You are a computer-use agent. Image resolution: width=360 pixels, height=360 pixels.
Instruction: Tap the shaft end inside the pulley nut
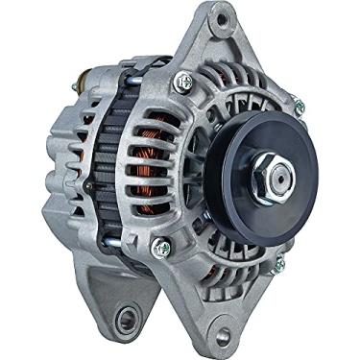[x=281, y=174]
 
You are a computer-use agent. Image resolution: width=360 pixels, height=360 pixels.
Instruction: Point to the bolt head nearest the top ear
[x=180, y=83]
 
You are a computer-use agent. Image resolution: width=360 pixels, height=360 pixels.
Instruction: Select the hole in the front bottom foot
[x=224, y=336]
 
